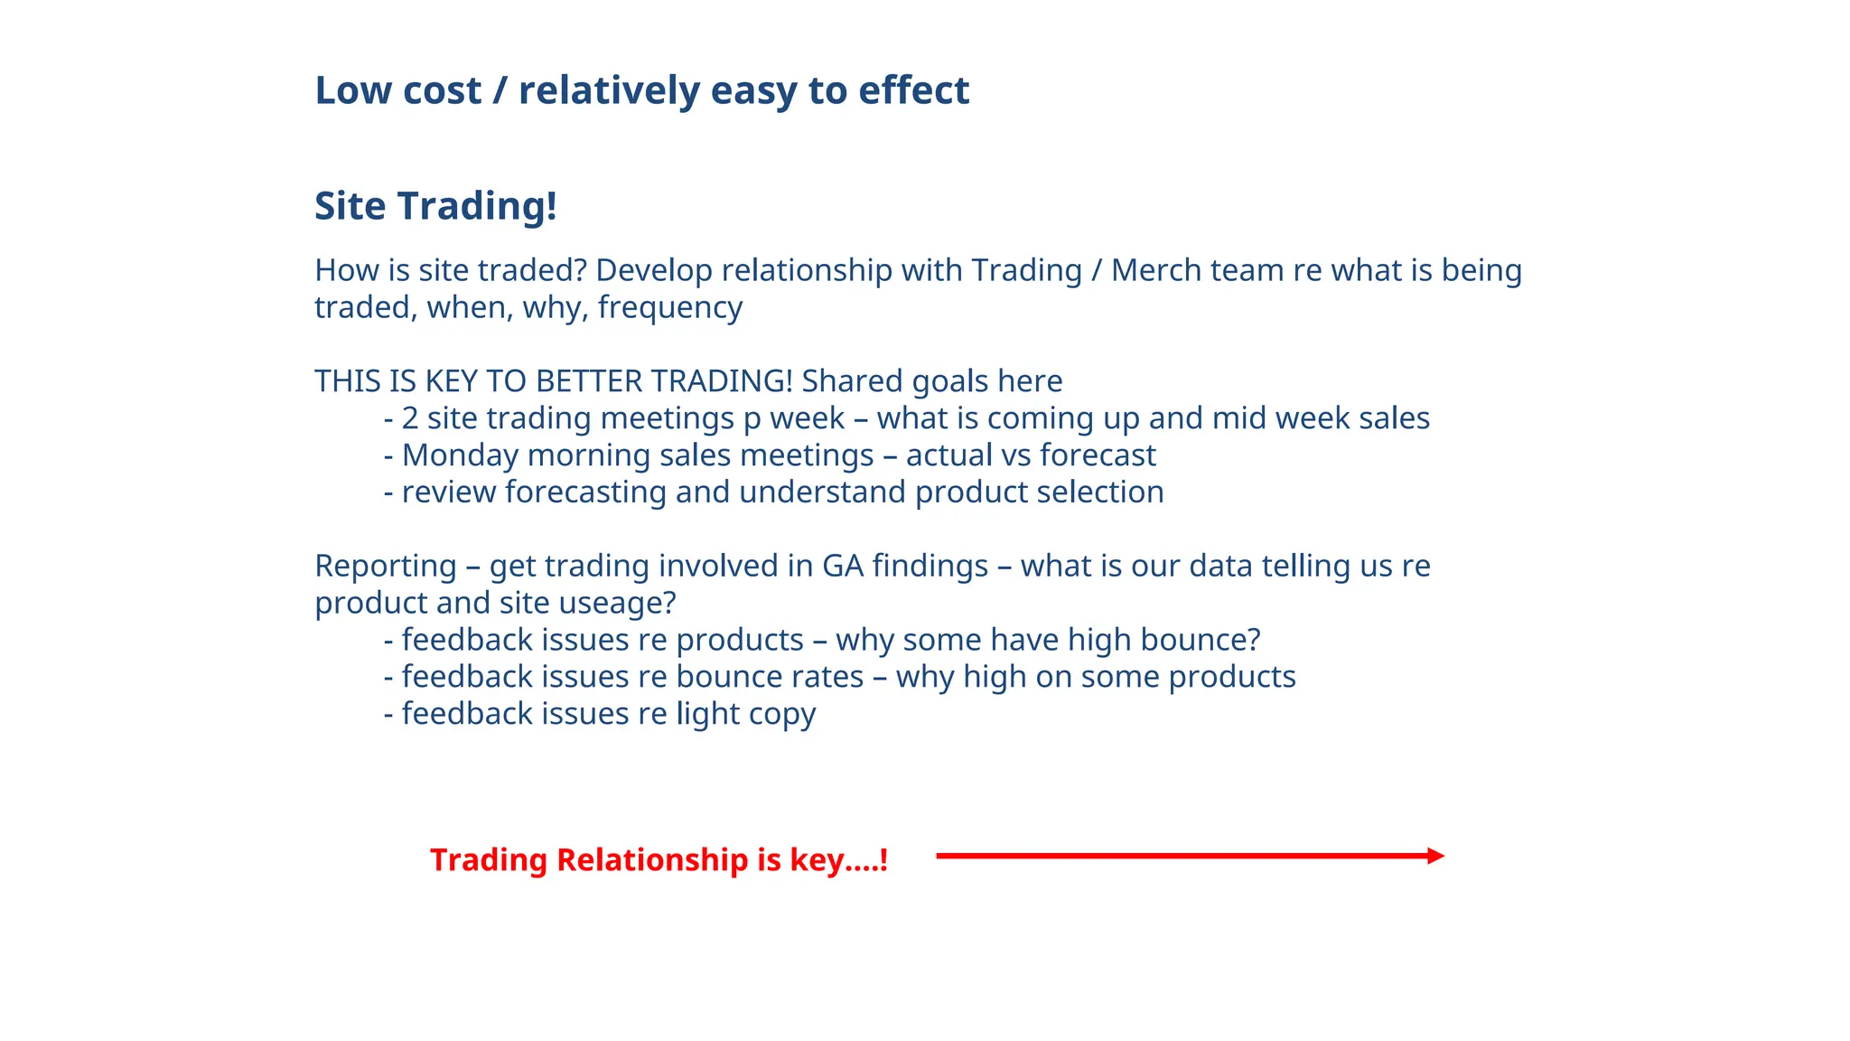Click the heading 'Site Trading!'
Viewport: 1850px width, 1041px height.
435,206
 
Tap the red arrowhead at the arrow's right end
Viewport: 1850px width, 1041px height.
1436,856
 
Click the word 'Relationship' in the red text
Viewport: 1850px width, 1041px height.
652,859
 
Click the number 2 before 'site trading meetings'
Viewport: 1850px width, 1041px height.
410,418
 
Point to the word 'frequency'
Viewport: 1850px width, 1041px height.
669,308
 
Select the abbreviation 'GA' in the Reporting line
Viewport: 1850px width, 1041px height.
842,566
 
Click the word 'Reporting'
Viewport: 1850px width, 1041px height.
385,567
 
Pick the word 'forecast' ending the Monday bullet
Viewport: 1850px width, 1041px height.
1098,455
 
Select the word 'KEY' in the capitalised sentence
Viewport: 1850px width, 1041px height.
451,381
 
